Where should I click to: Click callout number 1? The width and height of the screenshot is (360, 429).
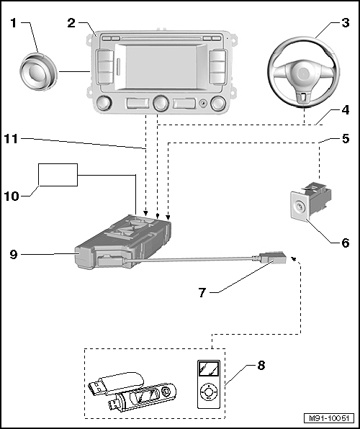14,23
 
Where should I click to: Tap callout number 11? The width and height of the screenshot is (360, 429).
11,139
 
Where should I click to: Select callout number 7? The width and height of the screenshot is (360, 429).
202,292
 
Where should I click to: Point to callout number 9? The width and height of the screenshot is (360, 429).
14,254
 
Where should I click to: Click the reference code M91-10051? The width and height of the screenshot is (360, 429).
329,418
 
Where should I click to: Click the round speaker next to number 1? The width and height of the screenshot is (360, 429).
39,72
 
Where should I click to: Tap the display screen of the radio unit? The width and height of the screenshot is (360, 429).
161,67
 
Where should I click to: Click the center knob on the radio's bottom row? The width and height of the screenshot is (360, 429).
161,103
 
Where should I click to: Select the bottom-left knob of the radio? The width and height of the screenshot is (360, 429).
104,103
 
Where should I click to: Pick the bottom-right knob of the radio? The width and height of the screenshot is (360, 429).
218,103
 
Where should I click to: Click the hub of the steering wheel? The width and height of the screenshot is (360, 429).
303,74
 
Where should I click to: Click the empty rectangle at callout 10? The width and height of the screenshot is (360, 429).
58,175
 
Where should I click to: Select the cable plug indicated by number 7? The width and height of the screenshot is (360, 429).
273,257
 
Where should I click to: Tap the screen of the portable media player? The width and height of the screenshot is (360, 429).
209,369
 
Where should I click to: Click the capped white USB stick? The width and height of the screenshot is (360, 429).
116,383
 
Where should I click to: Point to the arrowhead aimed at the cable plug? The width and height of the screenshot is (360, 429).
293,258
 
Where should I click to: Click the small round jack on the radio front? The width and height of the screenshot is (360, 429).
203,104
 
